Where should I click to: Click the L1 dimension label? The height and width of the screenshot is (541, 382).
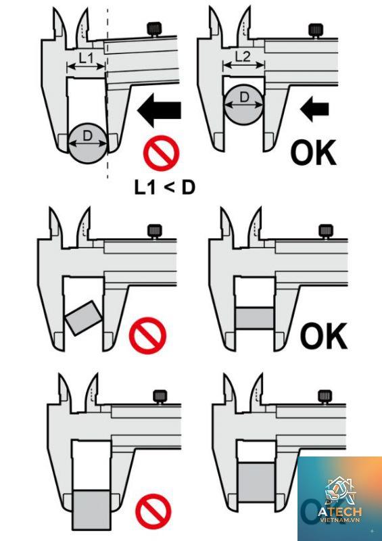click(x=86, y=58)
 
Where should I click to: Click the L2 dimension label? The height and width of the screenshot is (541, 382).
click(x=243, y=56)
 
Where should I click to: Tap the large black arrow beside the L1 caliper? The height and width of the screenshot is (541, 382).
click(x=159, y=110)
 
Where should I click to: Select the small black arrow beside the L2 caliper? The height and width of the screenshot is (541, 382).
click(x=314, y=109)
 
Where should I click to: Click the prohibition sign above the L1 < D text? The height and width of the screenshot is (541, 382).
click(x=161, y=153)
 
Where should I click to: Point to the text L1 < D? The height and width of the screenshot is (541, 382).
click(x=164, y=187)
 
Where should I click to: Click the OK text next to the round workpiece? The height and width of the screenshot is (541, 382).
click(x=313, y=153)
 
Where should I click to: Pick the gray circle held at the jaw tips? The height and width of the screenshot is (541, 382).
click(x=88, y=143)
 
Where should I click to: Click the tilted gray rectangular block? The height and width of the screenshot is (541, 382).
click(x=84, y=318)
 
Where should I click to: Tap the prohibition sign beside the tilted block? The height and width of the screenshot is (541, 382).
click(x=147, y=335)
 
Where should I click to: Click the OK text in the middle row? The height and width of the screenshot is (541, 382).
click(x=324, y=335)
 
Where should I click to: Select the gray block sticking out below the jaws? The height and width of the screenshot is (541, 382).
click(x=91, y=510)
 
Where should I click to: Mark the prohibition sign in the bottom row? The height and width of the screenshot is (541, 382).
click(x=153, y=511)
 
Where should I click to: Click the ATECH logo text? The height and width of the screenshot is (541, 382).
click(x=340, y=512)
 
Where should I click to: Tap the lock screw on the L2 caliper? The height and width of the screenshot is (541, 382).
click(x=316, y=30)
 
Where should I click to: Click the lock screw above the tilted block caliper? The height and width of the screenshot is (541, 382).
click(x=155, y=231)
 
